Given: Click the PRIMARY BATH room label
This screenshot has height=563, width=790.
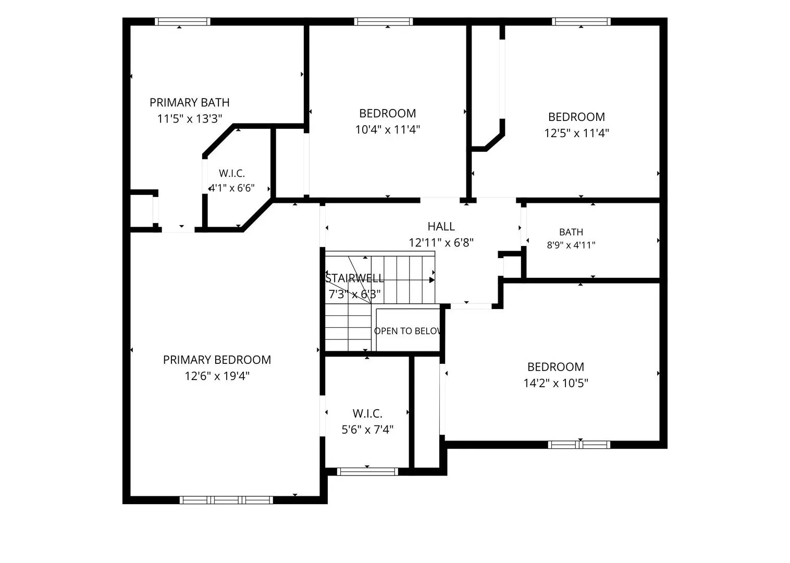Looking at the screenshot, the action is click(189, 103).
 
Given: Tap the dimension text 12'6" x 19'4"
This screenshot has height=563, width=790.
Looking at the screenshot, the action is click(217, 376).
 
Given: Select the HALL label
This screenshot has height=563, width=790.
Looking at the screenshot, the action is click(441, 226).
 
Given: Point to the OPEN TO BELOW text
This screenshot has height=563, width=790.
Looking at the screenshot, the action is click(408, 331).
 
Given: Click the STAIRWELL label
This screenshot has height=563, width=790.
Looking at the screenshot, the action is click(354, 278).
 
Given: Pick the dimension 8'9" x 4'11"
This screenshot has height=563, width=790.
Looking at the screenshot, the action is click(571, 245).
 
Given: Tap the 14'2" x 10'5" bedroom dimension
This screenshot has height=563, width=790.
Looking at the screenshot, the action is click(556, 383).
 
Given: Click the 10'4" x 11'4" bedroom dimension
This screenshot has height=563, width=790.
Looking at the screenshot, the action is click(387, 130).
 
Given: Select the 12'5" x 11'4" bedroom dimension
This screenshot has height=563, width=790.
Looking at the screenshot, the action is click(577, 133).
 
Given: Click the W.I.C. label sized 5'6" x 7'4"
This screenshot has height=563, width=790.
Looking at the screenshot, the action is click(367, 413).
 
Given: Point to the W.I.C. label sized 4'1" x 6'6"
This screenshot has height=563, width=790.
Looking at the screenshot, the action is click(232, 173).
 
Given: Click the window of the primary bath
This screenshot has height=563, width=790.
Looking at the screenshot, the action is click(182, 21).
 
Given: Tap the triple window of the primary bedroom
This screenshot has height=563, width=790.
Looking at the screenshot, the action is click(226, 500).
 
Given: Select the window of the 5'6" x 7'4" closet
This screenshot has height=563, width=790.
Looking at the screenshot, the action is click(367, 472).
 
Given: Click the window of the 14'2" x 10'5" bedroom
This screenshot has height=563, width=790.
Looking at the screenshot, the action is click(579, 445).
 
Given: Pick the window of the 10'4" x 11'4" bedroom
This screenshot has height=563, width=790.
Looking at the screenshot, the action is click(384, 21).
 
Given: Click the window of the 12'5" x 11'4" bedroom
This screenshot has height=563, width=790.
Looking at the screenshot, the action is click(581, 21).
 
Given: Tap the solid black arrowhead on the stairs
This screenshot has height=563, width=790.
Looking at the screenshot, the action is click(431, 280).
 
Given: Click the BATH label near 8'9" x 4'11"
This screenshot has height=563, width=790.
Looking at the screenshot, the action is click(571, 232).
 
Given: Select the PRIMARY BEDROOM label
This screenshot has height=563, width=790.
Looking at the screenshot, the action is click(217, 360).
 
